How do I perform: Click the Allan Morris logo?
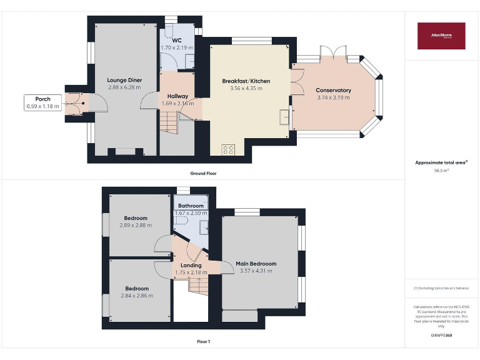(441, 36)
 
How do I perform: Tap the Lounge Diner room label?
(124, 80)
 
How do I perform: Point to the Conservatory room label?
(333, 90)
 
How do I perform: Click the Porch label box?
(43, 102)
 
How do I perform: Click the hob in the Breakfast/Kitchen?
(228, 149)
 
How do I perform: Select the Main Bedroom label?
(256, 264)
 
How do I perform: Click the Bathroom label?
(191, 206)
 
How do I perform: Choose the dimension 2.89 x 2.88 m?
(136, 225)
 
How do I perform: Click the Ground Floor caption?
(204, 173)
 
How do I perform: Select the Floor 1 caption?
(204, 342)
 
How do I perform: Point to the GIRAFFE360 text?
(441, 336)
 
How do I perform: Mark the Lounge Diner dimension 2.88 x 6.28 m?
(124, 87)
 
